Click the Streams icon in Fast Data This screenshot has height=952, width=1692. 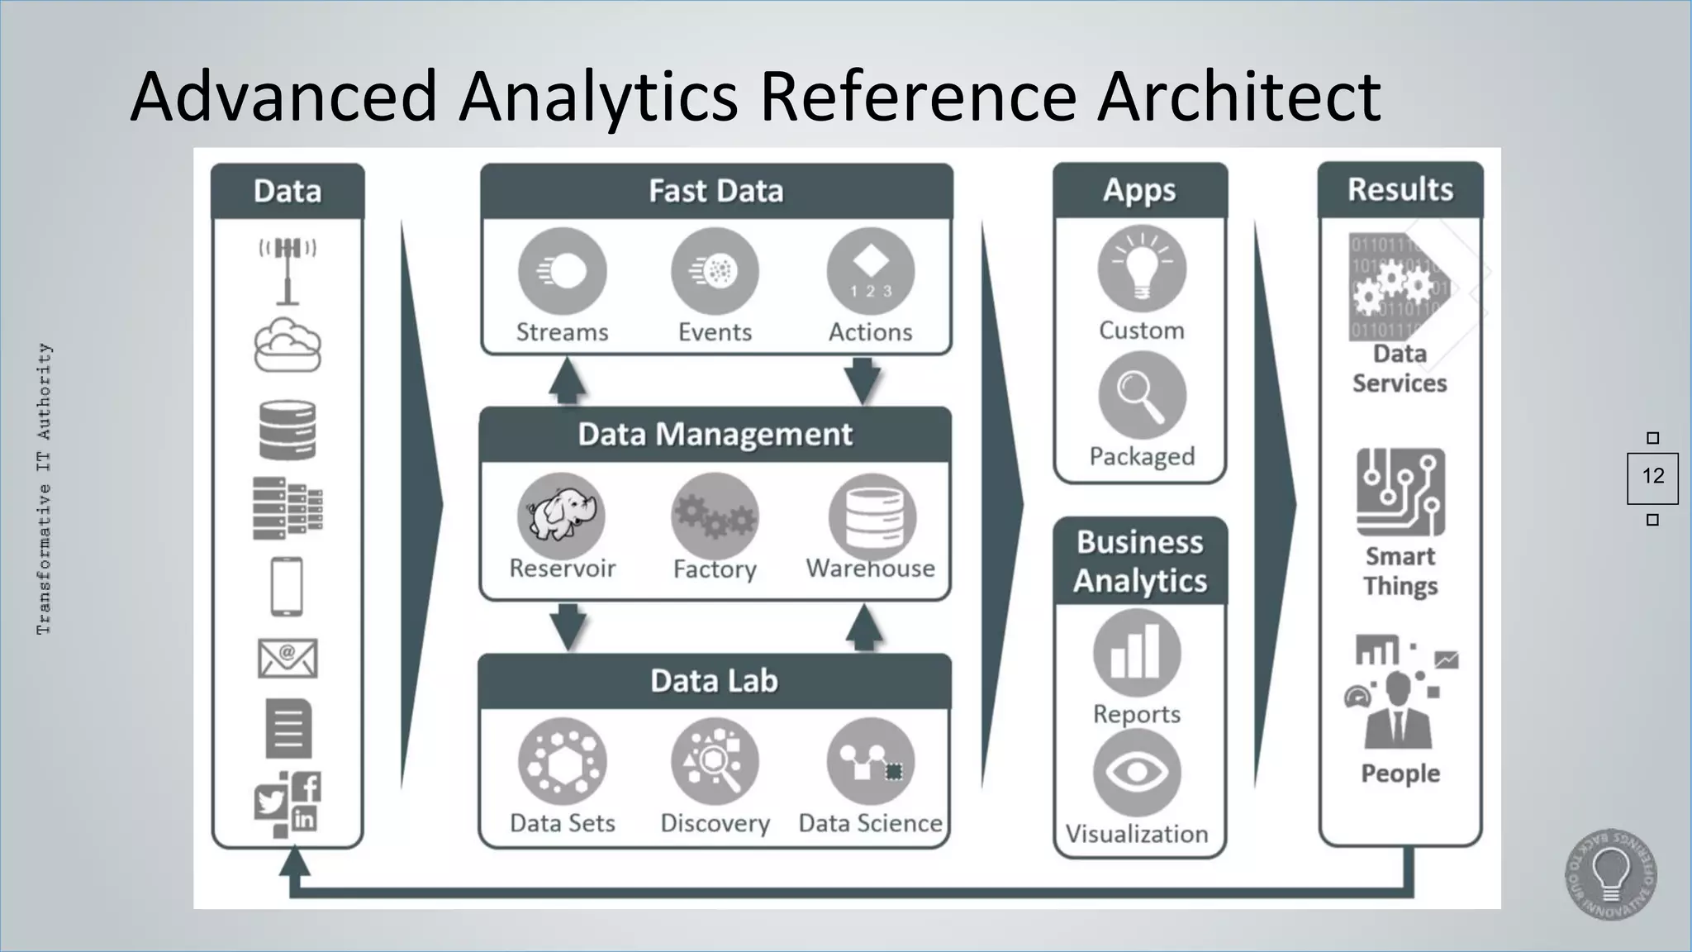pyautogui.click(x=562, y=271)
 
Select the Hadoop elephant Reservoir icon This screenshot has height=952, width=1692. pyautogui.click(x=562, y=516)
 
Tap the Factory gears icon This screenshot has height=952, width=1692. pyautogui.click(x=715, y=516)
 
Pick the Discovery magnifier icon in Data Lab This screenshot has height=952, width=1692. pyautogui.click(x=715, y=761)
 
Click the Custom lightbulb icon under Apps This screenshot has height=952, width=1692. pyautogui.click(x=1142, y=269)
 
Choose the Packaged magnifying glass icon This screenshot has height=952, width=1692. pyautogui.click(x=1142, y=395)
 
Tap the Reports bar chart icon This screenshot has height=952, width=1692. pyautogui.click(x=1137, y=653)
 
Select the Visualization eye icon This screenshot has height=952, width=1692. pyautogui.click(x=1137, y=773)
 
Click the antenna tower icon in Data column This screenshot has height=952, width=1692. pyautogui.click(x=288, y=270)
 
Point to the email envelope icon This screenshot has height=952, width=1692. pyautogui.click(x=288, y=659)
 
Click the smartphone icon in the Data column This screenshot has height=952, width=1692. pyautogui.click(x=287, y=587)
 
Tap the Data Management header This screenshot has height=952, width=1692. pyautogui.click(x=715, y=435)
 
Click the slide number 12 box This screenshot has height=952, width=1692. pyautogui.click(x=1652, y=477)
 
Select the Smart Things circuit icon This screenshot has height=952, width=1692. pyautogui.click(x=1400, y=493)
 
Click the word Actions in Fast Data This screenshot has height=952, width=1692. pyautogui.click(x=870, y=332)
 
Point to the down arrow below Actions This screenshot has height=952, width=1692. pyautogui.click(x=863, y=381)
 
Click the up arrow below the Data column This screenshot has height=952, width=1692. pyautogui.click(x=294, y=864)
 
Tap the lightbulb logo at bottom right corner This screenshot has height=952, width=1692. pyautogui.click(x=1610, y=874)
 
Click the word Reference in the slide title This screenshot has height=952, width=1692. pyautogui.click(x=918, y=97)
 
